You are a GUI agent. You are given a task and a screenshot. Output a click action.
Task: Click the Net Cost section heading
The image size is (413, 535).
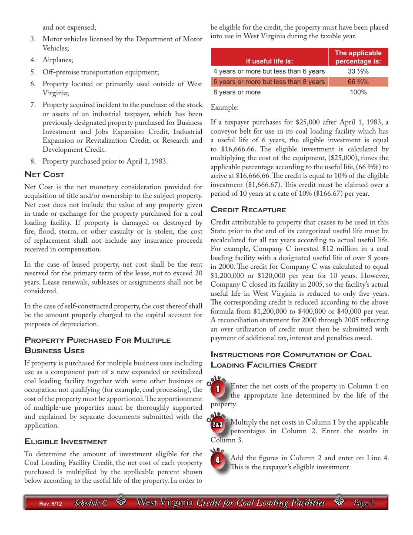coord(44,174)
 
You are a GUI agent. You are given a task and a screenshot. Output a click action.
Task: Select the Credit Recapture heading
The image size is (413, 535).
coord(248,210)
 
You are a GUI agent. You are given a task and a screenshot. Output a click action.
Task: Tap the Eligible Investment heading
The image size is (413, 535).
coord(66,441)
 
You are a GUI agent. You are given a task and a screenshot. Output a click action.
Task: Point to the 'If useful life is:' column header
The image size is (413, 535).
coord(269,61)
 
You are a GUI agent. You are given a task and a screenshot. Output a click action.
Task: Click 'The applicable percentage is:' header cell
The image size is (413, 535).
coord(358,57)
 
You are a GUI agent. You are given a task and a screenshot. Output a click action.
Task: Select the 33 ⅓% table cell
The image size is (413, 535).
coord(358,71)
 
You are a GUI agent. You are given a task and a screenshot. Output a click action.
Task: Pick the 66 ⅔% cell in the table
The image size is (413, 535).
coord(358,82)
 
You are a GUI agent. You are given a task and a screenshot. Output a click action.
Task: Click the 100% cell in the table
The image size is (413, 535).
coord(358,92)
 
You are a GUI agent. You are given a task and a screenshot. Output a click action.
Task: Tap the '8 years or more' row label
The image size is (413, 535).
coord(237,92)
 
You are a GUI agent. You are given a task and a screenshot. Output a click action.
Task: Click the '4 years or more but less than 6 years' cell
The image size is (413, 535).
coord(269,71)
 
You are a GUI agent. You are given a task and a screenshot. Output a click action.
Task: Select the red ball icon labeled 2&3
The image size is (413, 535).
coord(218,425)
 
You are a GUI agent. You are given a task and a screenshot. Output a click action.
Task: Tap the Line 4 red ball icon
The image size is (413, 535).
coord(218,459)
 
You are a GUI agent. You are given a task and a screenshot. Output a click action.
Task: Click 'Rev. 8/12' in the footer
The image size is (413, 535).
coord(50,504)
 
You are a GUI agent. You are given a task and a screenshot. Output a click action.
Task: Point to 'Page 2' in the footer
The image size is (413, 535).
coord(363,503)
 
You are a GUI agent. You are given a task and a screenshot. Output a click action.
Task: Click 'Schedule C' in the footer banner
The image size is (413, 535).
coord(90,503)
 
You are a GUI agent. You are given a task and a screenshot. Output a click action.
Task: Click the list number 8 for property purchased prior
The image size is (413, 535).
coord(33,161)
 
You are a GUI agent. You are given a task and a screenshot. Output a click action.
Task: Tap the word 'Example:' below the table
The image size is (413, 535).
coord(224,107)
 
